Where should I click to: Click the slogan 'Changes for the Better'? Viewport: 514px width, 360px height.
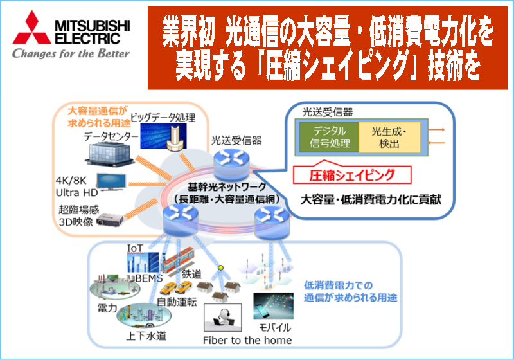pyautogui.click(x=71, y=53)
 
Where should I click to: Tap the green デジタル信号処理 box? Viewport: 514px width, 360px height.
pyautogui.click(x=329, y=137)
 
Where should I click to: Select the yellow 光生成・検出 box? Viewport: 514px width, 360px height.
pyautogui.click(x=390, y=137)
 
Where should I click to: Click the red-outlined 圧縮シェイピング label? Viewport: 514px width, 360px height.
pyautogui.click(x=352, y=175)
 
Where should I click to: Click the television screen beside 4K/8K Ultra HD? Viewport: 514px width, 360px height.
pyautogui.click(x=111, y=182)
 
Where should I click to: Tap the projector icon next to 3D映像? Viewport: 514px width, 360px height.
pyautogui.click(x=110, y=220)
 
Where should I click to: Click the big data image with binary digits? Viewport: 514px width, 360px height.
pyautogui.click(x=163, y=137)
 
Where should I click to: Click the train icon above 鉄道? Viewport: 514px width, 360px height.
pyautogui.click(x=177, y=259)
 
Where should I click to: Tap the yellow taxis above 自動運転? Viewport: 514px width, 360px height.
pyautogui.click(x=176, y=287)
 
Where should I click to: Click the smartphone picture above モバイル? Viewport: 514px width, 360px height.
pyautogui.click(x=274, y=305)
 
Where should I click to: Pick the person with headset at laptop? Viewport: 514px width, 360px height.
pyautogui.click(x=223, y=318)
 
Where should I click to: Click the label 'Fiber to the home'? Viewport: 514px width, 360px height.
pyautogui.click(x=247, y=340)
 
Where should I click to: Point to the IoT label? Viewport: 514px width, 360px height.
pyautogui.click(x=135, y=249)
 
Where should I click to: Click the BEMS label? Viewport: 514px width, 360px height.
pyautogui.click(x=149, y=278)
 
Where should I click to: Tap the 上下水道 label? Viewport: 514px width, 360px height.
pyautogui.click(x=146, y=336)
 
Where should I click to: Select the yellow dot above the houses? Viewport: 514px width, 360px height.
pyautogui.click(x=220, y=268)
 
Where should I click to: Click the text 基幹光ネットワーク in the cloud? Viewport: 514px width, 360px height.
pyautogui.click(x=227, y=187)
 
